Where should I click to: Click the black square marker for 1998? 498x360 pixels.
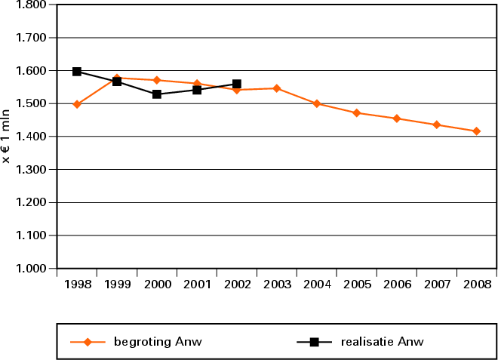pyautogui.click(x=77, y=72)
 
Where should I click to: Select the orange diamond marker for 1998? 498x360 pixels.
pyautogui.click(x=77, y=104)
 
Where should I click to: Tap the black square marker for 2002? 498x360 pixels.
pyautogui.click(x=237, y=84)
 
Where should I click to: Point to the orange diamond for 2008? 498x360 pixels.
pyautogui.click(x=476, y=131)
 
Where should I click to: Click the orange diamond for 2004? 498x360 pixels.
pyautogui.click(x=317, y=103)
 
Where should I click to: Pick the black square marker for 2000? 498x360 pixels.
pyautogui.click(x=157, y=94)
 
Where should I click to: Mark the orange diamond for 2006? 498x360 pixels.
pyautogui.click(x=397, y=118)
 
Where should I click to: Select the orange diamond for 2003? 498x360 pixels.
pyautogui.click(x=277, y=88)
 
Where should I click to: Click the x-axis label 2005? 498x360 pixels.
pyautogui.click(x=357, y=285)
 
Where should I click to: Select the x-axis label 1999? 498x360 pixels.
pyautogui.click(x=117, y=285)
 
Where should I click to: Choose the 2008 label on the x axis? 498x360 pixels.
pyautogui.click(x=476, y=285)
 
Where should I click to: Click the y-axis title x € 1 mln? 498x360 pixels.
pyautogui.click(x=7, y=137)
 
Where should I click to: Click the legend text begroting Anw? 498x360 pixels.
pyautogui.click(x=158, y=342)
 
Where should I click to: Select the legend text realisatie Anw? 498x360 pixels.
pyautogui.click(x=383, y=342)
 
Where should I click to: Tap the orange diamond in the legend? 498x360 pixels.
pyautogui.click(x=88, y=342)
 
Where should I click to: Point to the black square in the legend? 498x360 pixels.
pyautogui.click(x=315, y=342)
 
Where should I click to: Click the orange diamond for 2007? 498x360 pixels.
pyautogui.click(x=437, y=125)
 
